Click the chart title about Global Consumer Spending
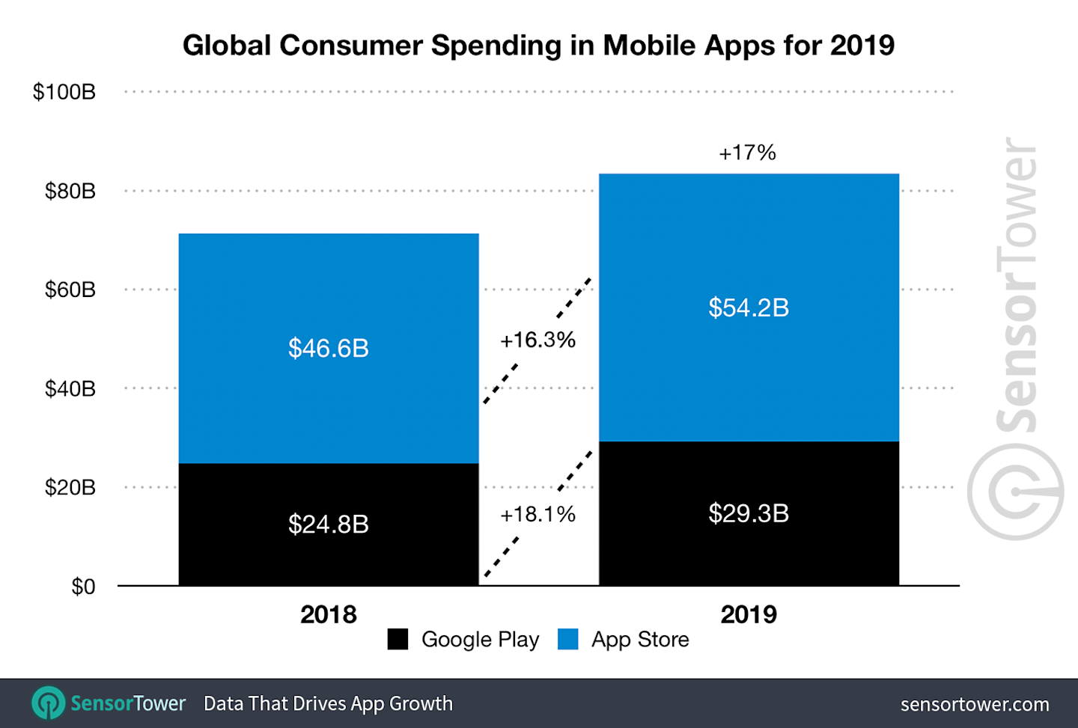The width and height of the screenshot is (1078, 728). [538, 46]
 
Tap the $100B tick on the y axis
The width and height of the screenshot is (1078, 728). [64, 92]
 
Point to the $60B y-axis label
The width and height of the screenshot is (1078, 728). [70, 290]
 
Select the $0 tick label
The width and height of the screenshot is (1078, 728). [83, 587]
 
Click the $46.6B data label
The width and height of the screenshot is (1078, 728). [329, 348]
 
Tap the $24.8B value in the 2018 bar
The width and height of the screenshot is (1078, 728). [329, 524]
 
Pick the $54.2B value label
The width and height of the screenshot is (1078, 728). [749, 308]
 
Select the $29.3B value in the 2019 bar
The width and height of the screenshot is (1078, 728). [749, 513]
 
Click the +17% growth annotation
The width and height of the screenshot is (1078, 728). [747, 153]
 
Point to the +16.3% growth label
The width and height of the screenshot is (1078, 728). [538, 340]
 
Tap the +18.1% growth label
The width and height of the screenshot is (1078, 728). [538, 515]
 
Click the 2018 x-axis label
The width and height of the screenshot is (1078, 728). [329, 614]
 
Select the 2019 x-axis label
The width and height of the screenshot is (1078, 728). [749, 614]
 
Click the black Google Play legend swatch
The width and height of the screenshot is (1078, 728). [398, 639]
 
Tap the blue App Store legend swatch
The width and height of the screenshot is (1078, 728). [568, 639]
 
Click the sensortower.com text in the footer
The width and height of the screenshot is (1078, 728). [974, 704]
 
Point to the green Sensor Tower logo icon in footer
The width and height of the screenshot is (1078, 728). [49, 703]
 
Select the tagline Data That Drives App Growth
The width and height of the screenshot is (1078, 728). [328, 703]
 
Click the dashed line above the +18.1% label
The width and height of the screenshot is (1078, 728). [575, 471]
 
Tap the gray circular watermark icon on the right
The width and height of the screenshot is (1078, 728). [1015, 492]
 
